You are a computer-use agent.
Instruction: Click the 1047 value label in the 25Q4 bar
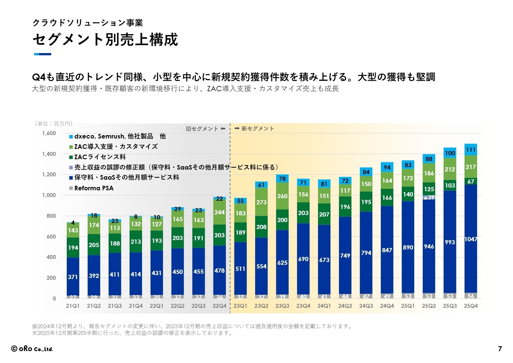tap(471, 239)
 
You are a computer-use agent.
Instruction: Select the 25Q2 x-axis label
tap(429, 306)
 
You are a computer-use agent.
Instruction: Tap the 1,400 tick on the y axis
tap(49, 154)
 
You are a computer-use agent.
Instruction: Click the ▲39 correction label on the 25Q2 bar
tap(429, 197)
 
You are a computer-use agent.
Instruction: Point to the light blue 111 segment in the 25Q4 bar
tap(471, 150)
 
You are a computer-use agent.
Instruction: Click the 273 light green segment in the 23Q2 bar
tap(261, 202)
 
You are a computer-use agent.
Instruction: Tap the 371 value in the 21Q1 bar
tap(73, 277)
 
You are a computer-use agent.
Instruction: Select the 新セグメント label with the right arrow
tap(254, 128)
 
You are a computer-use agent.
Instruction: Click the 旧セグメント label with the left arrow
tap(205, 129)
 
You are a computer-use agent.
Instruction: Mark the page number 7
tap(500, 349)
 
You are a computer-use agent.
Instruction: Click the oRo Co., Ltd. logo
tap(32, 349)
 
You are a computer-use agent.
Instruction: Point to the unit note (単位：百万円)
tap(54, 124)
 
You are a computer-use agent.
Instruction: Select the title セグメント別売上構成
tap(105, 40)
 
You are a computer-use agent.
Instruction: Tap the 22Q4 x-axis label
tap(219, 306)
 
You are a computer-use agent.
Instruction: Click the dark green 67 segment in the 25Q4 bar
tap(471, 182)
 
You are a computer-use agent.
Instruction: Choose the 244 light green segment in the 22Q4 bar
tap(219, 212)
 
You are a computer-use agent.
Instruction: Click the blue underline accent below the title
tap(43, 54)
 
